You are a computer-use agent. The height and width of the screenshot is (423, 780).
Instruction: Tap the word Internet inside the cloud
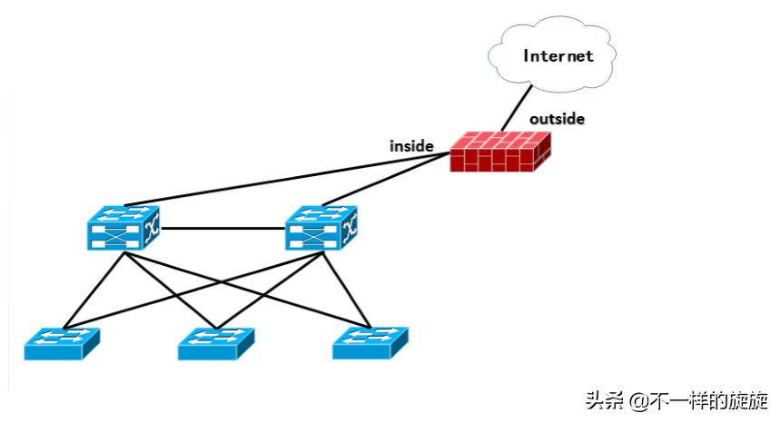pyautogui.click(x=558, y=56)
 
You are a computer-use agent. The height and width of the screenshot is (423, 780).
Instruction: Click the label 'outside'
pyautogui.click(x=557, y=119)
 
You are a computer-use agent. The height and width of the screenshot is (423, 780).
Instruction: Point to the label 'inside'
pyautogui.click(x=411, y=145)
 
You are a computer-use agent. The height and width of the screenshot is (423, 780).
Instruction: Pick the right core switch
pyautogui.click(x=322, y=227)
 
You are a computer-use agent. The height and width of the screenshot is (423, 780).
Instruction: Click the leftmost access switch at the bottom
pyautogui.click(x=61, y=343)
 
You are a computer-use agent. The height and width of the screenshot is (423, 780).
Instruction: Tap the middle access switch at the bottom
pyautogui.click(x=216, y=343)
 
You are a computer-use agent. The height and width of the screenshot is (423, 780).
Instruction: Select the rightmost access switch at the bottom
pyautogui.click(x=370, y=342)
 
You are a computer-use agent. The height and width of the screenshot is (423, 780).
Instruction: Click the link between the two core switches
pyautogui.click(x=223, y=228)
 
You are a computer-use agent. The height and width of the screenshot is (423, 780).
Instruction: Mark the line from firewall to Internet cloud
pyautogui.click(x=517, y=106)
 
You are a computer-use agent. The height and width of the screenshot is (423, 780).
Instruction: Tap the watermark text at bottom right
pyautogui.click(x=676, y=400)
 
